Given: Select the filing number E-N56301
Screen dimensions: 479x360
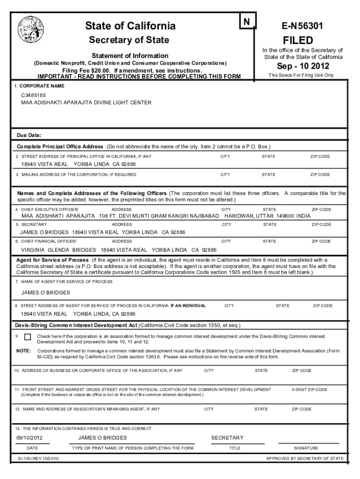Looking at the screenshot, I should click(300, 27).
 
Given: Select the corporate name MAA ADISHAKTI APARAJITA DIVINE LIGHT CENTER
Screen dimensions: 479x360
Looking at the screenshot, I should click(86, 102).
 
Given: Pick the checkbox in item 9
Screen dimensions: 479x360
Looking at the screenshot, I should click(28, 337).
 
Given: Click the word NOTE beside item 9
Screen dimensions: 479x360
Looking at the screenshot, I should click(24, 350).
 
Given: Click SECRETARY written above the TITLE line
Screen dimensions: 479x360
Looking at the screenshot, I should click(227, 438).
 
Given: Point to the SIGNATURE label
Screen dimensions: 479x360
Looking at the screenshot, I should click(306, 448).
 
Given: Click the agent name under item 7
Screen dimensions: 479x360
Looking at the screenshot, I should click(46, 292).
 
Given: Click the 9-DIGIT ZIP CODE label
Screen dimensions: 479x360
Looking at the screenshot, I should click(310, 389).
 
